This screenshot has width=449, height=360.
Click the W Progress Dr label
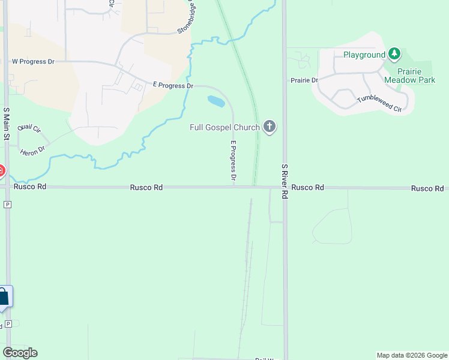click(x=33, y=62)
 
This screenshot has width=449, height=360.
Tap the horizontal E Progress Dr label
click(x=173, y=86)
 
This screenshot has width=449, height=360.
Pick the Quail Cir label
click(x=29, y=128)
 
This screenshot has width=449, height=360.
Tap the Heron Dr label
click(x=33, y=150)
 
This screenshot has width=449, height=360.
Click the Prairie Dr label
click(x=304, y=80)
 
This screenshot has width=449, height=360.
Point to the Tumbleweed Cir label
click(x=379, y=104)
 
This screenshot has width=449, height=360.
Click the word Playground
click(x=364, y=55)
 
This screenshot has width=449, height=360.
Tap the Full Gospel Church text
click(x=224, y=127)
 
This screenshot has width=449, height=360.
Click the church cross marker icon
click(x=270, y=127)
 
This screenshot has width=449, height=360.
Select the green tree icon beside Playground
click(x=394, y=55)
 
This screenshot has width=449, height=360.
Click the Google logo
click(x=20, y=353)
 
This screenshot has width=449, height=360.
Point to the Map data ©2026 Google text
click(x=411, y=355)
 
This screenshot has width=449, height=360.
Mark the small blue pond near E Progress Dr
click(x=216, y=101)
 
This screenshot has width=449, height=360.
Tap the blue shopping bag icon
click(x=3, y=296)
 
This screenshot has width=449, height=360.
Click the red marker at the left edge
click(x=1, y=172)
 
